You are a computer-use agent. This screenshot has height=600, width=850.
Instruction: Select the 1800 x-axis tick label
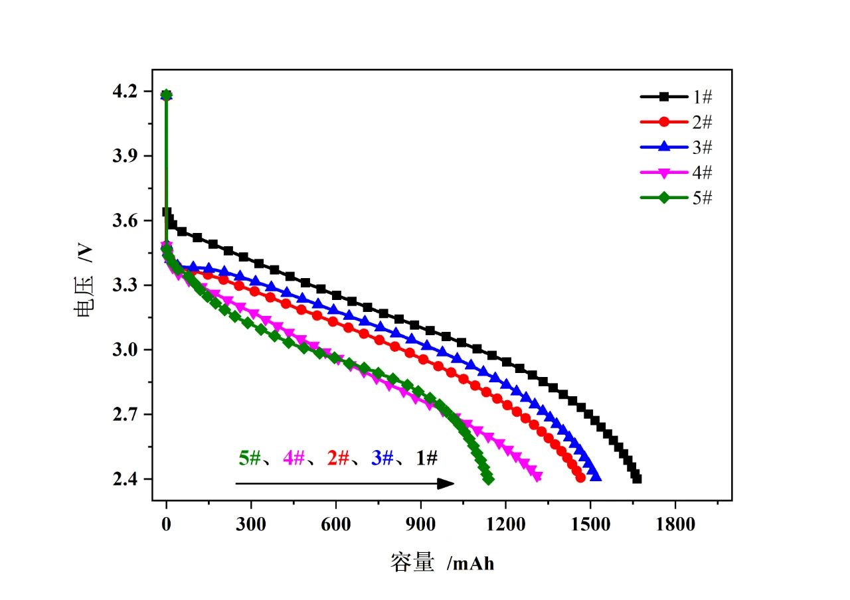(x=675, y=524)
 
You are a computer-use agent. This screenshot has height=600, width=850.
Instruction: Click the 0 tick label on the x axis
(x=166, y=524)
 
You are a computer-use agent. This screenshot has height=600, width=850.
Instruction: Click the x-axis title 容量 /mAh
(x=442, y=563)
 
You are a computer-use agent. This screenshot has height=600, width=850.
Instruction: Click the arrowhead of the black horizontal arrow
(x=448, y=483)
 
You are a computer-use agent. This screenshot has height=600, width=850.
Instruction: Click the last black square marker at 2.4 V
(x=637, y=478)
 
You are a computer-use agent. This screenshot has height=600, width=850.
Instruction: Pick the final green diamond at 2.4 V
(x=489, y=479)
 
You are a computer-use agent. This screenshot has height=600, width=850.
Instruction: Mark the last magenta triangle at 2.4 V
(x=537, y=476)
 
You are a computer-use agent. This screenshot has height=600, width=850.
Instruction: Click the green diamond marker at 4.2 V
(x=166, y=95)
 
